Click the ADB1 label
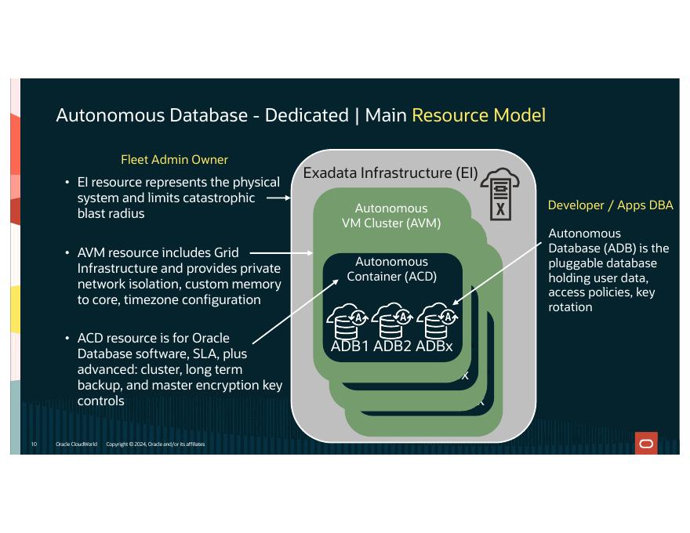coord(350,346)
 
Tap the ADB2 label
coord(392,346)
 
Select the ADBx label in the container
coord(434,346)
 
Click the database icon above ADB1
coord(347,321)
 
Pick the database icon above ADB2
coord(392,321)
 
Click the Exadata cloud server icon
coord(500,194)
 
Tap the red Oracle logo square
coord(646,444)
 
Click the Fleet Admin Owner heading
coord(174,159)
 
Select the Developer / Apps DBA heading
coord(610,205)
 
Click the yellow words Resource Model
coord(478,115)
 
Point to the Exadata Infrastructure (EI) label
coord(390,172)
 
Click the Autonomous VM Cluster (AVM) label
coord(391,216)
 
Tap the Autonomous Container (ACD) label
coord(391,269)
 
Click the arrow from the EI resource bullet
coord(278,198)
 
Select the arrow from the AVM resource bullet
coord(281,253)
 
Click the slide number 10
coord(34,444)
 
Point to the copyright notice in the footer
coord(155,444)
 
